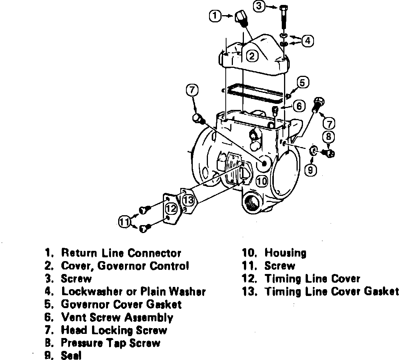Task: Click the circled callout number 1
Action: click(x=215, y=16)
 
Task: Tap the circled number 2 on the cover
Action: click(x=252, y=56)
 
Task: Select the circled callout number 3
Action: click(x=259, y=7)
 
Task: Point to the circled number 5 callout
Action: click(x=303, y=82)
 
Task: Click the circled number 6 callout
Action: click(x=299, y=106)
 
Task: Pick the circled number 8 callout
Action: click(x=329, y=136)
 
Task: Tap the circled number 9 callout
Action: click(x=310, y=170)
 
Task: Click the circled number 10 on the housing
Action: click(x=262, y=181)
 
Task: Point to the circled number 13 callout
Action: click(x=188, y=199)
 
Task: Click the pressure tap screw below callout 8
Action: click(x=328, y=153)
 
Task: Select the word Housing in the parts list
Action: click(x=285, y=253)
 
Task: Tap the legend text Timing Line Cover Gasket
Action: click(x=331, y=291)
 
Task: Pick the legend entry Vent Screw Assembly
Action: click(x=117, y=317)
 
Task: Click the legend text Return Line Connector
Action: click(x=121, y=253)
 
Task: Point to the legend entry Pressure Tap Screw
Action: click(x=111, y=343)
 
